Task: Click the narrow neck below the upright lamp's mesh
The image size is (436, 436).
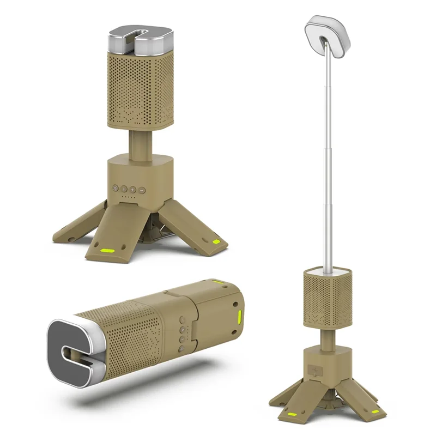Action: (x=136, y=144)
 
